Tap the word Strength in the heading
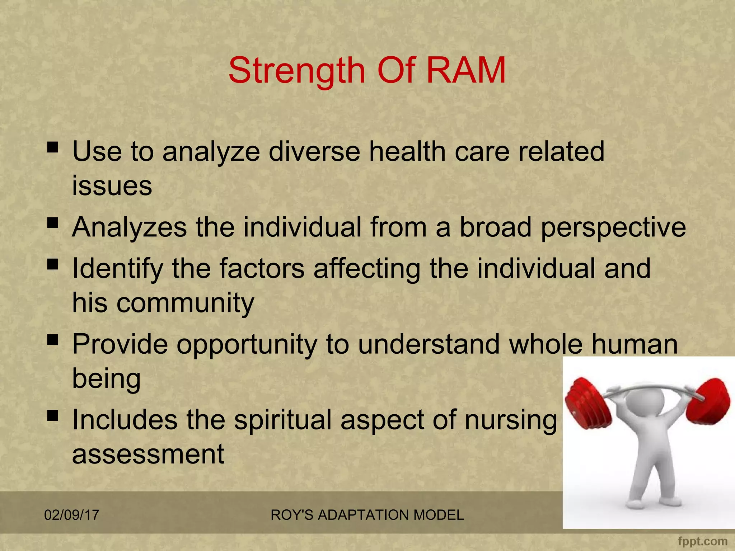click(x=296, y=70)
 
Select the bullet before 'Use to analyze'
click(x=52, y=147)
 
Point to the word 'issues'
click(x=112, y=186)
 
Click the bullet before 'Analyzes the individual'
click(x=52, y=223)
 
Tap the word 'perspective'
click(x=613, y=228)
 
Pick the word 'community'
click(x=185, y=303)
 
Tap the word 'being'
click(x=106, y=379)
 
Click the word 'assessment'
click(x=148, y=454)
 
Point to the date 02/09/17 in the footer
click(x=71, y=515)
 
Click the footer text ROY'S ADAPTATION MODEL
click(x=367, y=515)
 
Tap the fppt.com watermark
click(x=703, y=541)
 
